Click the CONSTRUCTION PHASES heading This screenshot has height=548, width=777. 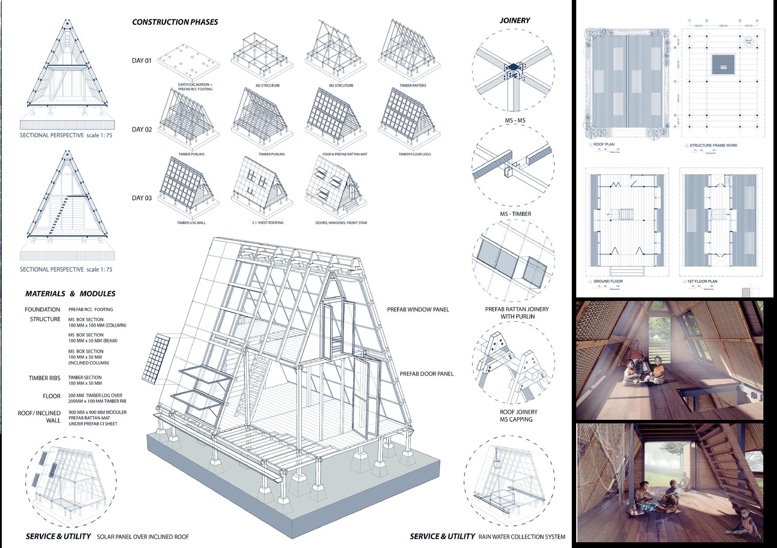point(175,22)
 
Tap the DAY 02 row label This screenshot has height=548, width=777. point(142,129)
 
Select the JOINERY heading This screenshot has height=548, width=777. point(514,20)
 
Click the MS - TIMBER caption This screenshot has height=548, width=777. point(515,214)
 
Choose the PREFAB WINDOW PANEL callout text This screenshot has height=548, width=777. point(418,309)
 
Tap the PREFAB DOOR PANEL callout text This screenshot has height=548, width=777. point(426,374)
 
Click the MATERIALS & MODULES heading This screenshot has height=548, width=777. point(70,293)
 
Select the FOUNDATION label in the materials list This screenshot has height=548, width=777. point(42,309)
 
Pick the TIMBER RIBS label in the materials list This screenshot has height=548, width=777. point(44,378)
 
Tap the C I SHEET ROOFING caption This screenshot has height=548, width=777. point(268,223)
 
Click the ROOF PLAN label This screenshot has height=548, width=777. point(604,145)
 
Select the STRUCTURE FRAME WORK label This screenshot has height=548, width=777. point(713,145)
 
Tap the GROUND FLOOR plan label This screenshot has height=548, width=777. point(608,282)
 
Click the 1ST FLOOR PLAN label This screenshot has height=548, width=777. point(702,282)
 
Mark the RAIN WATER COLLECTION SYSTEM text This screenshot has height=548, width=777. point(521,537)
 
